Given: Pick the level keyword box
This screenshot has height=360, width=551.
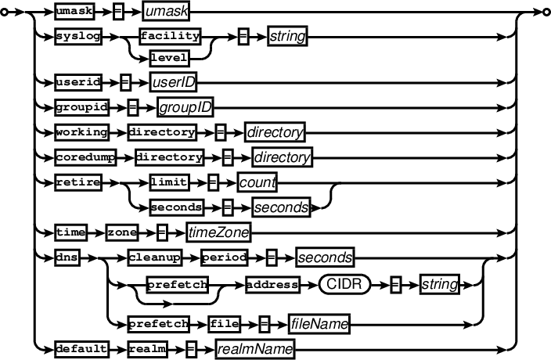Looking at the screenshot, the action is click(x=170, y=56).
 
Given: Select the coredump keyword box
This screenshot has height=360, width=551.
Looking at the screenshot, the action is click(x=85, y=157).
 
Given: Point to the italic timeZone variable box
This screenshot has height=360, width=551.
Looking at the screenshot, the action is click(x=218, y=232).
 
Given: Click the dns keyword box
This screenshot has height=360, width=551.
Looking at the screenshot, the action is click(x=68, y=256).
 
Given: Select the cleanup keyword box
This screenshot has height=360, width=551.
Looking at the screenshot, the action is click(x=156, y=256).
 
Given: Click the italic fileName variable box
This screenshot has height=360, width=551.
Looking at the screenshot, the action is click(x=319, y=322).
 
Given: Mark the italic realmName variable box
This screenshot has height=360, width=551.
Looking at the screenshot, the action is click(x=256, y=347).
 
